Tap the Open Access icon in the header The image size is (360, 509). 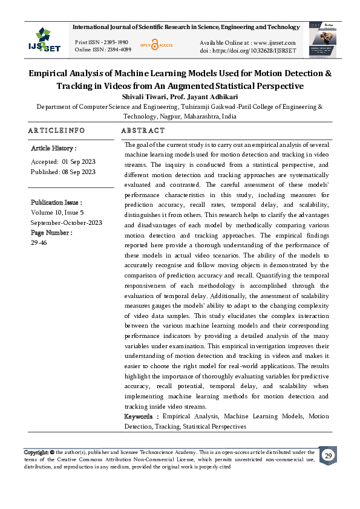pyautogui.click(x=157, y=45)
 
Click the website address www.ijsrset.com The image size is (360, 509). pyautogui.click(x=274, y=42)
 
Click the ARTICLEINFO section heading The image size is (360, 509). pyautogui.click(x=57, y=131)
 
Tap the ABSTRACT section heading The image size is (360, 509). pyautogui.click(x=143, y=131)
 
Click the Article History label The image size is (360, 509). pyautogui.click(x=53, y=148)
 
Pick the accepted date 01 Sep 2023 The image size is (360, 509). pyautogui.click(x=79, y=161)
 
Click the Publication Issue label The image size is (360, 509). pyautogui.click(x=56, y=203)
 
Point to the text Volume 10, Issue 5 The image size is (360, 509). pyautogui.click(x=57, y=212)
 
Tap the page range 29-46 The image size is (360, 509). pyautogui.click(x=39, y=242)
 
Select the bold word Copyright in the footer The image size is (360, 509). pyautogui.click(x=36, y=452)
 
